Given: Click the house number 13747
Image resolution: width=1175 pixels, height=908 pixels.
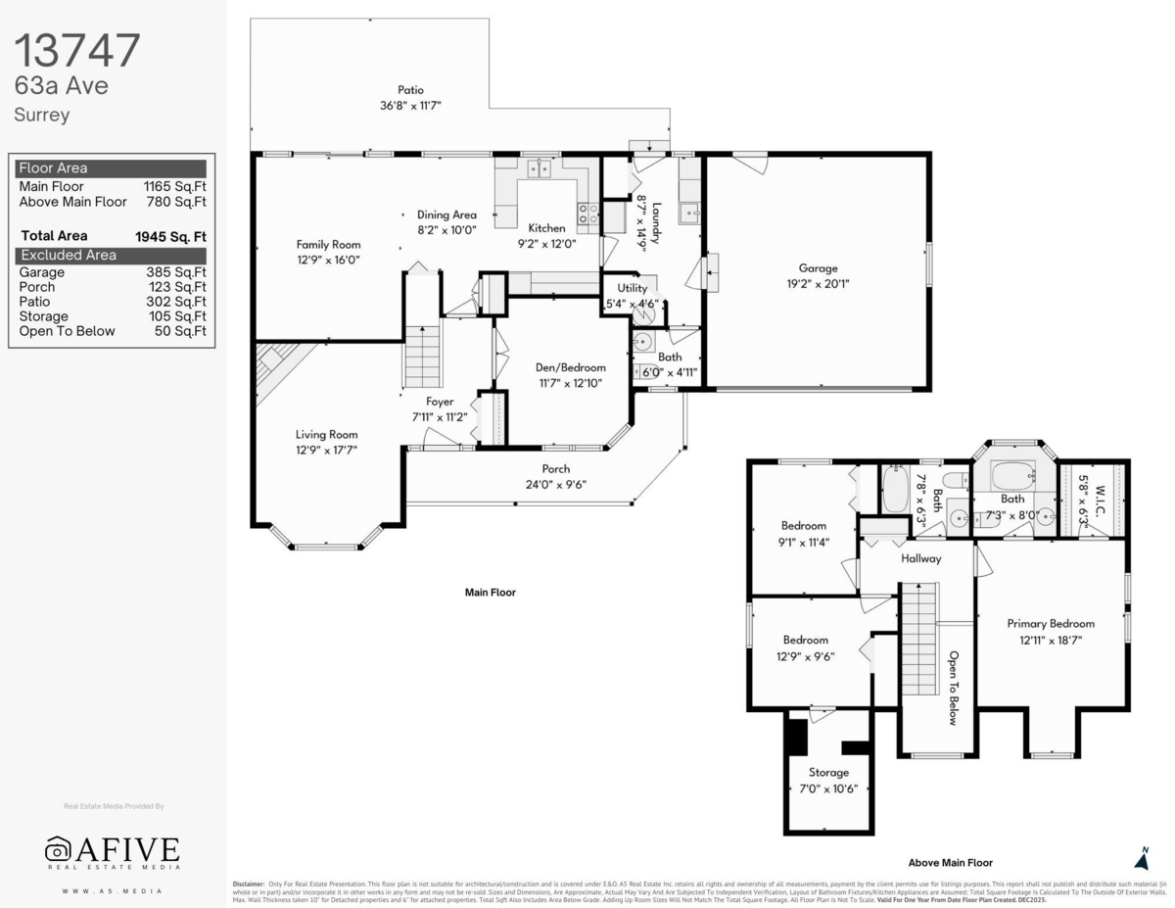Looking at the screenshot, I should [x=77, y=50].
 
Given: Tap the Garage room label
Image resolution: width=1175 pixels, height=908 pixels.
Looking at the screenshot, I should [x=818, y=268].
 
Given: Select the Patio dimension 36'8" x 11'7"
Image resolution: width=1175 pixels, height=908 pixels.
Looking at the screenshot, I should [x=411, y=106].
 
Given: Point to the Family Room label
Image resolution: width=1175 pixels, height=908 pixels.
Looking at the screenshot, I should [x=328, y=245].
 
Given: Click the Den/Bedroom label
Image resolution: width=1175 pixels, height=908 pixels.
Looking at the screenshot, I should [x=565, y=367].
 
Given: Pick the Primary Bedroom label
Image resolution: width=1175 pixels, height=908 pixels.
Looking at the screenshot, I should [x=1051, y=623].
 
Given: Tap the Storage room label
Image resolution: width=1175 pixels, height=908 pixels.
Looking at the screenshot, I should [x=828, y=773].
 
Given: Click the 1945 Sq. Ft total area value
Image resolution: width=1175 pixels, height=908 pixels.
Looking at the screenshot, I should [x=170, y=236].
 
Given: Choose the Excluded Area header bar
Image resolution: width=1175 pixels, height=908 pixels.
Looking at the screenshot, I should [x=112, y=255].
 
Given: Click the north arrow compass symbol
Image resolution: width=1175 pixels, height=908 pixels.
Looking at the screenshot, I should [x=1141, y=859].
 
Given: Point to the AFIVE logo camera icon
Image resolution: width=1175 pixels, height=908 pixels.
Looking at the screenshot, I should [x=59, y=848].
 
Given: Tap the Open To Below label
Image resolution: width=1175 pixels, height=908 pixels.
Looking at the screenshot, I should [x=952, y=688].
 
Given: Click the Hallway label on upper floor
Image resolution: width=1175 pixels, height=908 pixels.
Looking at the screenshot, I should [x=920, y=558].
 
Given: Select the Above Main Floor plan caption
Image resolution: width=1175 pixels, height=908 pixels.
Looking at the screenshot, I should [x=950, y=863].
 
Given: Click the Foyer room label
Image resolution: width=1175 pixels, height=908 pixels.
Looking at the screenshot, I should [x=440, y=402].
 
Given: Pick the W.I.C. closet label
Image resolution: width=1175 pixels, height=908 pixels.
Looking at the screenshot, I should [x=1102, y=491].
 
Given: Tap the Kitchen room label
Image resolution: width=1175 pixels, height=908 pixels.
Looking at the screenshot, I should [x=546, y=228].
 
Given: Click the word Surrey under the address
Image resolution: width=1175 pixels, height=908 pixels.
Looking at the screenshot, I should [x=41, y=115].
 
